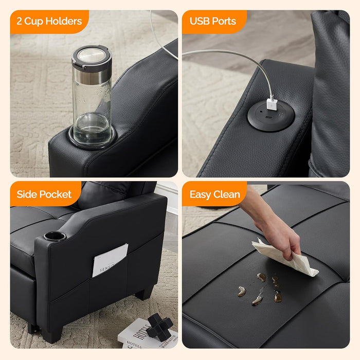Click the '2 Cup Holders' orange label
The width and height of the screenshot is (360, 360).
49,22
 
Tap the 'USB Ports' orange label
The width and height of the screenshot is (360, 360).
213,22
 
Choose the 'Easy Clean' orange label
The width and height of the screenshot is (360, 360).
215,194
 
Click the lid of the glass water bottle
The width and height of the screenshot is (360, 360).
92,57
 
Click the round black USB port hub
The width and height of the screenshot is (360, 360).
271,115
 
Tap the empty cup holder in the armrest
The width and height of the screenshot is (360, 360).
55,236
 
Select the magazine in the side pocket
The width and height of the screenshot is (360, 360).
110,260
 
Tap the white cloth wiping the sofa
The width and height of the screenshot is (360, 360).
284,258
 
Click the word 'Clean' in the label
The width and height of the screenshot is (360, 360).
227,194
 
